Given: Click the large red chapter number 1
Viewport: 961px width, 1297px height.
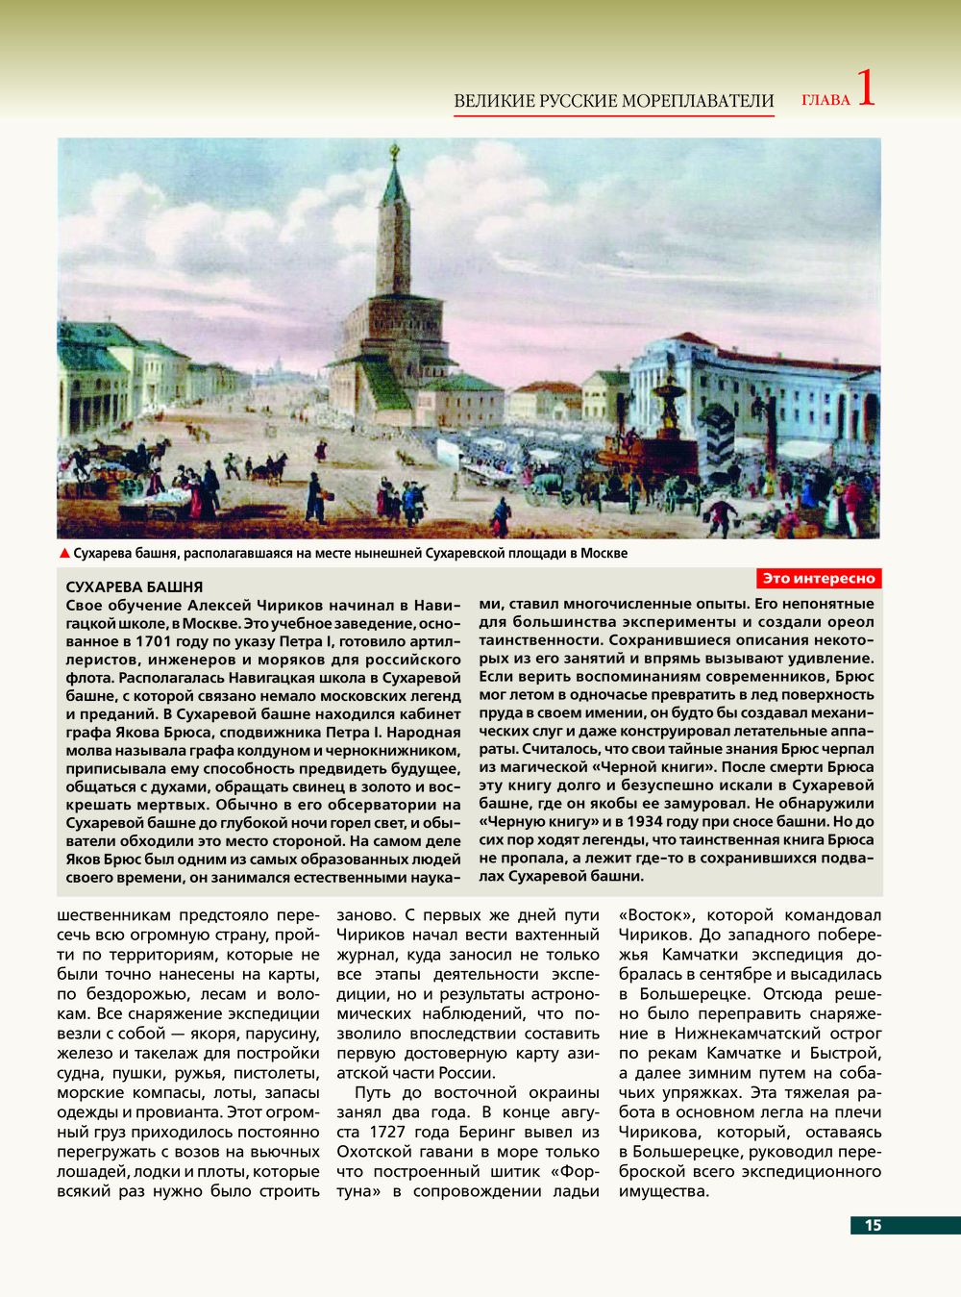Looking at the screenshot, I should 865,88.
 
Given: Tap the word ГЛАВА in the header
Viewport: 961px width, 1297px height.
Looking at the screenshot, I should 825,100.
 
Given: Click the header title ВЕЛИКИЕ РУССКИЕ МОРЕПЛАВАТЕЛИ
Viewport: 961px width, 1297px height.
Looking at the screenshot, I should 613,101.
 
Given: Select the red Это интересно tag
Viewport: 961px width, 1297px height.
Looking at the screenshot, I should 819,578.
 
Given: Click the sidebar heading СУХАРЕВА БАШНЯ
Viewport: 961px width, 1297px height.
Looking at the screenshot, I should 134,586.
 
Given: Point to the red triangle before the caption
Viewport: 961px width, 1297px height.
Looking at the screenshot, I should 64,553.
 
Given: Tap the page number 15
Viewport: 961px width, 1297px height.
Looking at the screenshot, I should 873,1225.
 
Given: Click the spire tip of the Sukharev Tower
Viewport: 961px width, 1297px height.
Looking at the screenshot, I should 394,150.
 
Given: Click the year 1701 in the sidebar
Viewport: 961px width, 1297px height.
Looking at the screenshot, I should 154,641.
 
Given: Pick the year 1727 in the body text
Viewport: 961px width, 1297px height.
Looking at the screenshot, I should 387,1132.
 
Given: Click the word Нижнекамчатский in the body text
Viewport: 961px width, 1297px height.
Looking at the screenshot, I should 737,1034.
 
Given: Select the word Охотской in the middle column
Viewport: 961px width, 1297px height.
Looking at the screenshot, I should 371,1152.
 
